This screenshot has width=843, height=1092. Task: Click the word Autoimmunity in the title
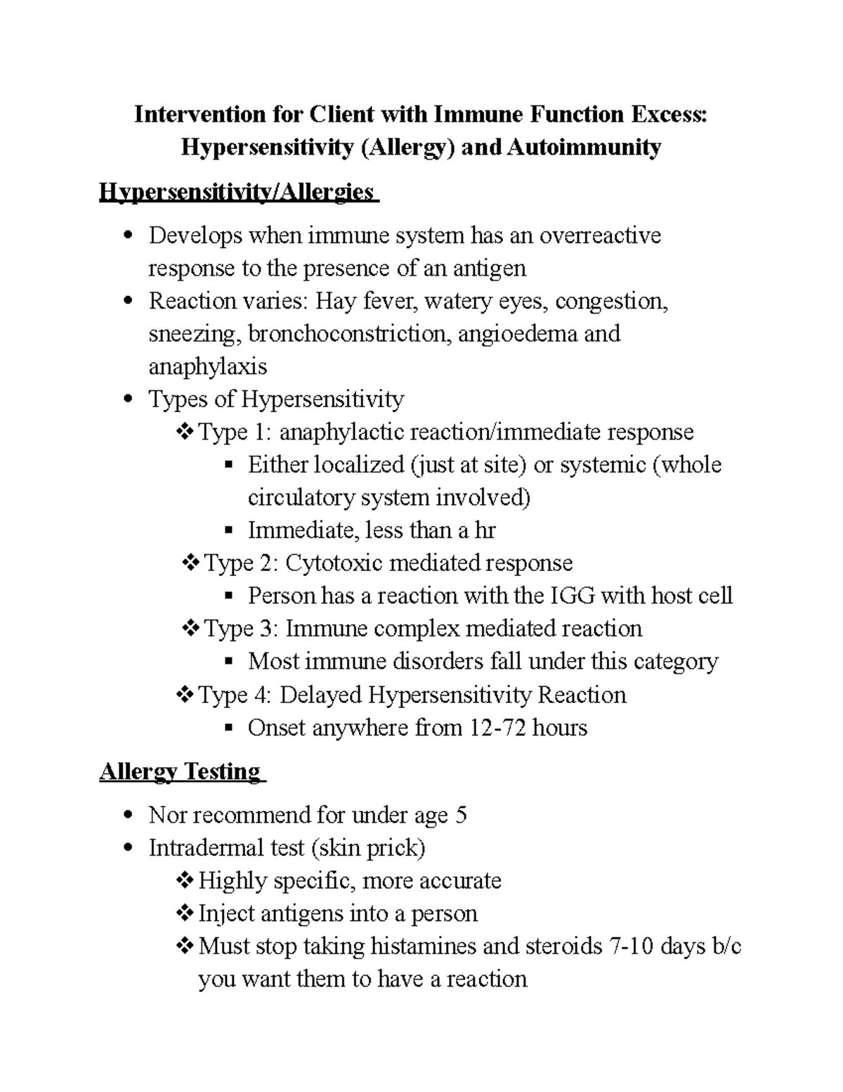pyautogui.click(x=584, y=148)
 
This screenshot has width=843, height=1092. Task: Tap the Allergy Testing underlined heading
pyautogui.click(x=181, y=772)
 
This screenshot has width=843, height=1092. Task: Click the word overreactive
pyautogui.click(x=600, y=235)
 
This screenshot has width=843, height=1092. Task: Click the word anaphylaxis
pyautogui.click(x=208, y=366)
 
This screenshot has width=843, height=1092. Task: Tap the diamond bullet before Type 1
pyautogui.click(x=185, y=432)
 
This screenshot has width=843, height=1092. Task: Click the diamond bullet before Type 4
pyautogui.click(x=185, y=695)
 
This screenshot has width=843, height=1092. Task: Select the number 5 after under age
pyautogui.click(x=461, y=816)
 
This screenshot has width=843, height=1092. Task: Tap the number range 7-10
pyautogui.click(x=635, y=946)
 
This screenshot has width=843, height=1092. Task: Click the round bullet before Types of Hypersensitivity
pyautogui.click(x=128, y=400)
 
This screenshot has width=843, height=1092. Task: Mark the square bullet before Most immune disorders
pyautogui.click(x=228, y=662)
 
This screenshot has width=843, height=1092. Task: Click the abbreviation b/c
pyautogui.click(x=726, y=946)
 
